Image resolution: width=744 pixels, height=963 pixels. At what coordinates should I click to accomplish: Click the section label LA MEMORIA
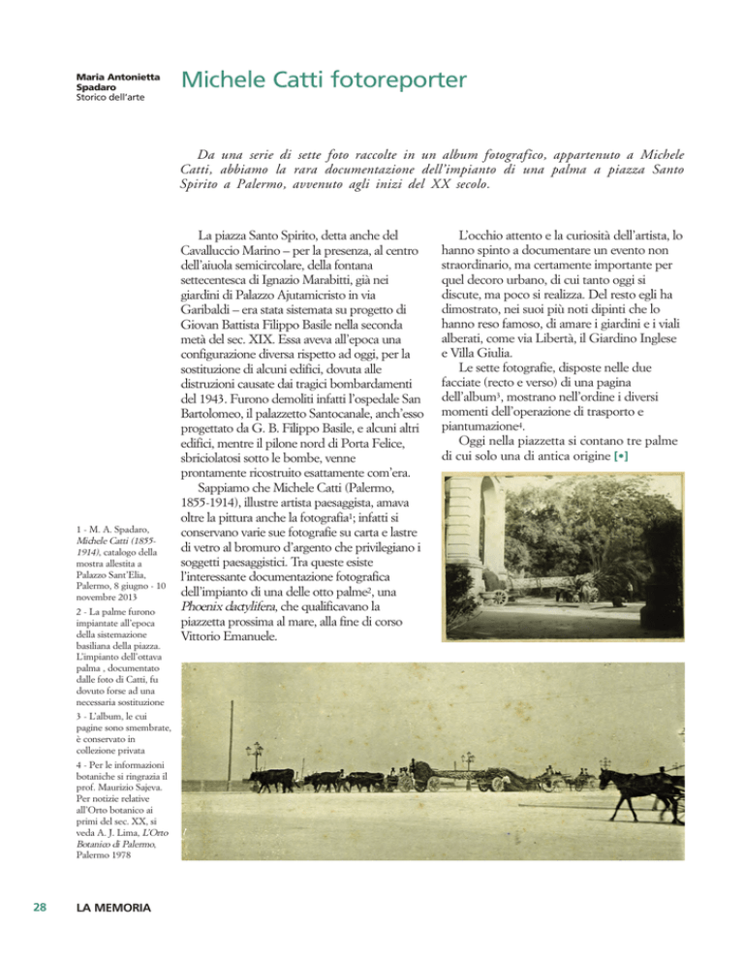point(115,909)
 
